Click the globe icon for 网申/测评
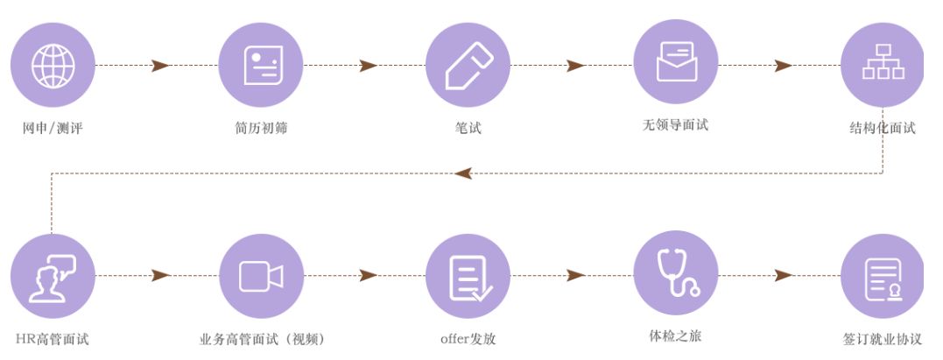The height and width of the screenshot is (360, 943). click(53, 65)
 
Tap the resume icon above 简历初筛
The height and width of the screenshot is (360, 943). click(261, 65)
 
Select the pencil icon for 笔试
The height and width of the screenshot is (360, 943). click(468, 65)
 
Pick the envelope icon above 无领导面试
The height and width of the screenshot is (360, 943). click(676, 61)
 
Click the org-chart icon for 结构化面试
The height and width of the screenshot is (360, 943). click(883, 65)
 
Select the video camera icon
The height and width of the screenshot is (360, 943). click(261, 276)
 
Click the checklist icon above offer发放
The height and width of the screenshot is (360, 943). click(468, 276)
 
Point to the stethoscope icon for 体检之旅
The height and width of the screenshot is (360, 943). click(676, 272)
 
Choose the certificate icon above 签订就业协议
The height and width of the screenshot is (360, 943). click(883, 276)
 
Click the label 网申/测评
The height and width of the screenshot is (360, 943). click(53, 129)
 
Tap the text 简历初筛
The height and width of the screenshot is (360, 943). click(261, 129)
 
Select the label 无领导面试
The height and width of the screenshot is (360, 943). click(676, 125)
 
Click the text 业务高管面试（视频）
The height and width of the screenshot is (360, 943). click(261, 339)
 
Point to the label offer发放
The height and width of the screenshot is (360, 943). click(468, 339)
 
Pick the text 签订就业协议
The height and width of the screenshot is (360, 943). click(883, 339)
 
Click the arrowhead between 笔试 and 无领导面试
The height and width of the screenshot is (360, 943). click(575, 66)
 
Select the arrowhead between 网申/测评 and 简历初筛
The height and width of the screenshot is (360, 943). click(160, 66)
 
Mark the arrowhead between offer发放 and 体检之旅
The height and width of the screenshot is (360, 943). click(575, 276)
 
